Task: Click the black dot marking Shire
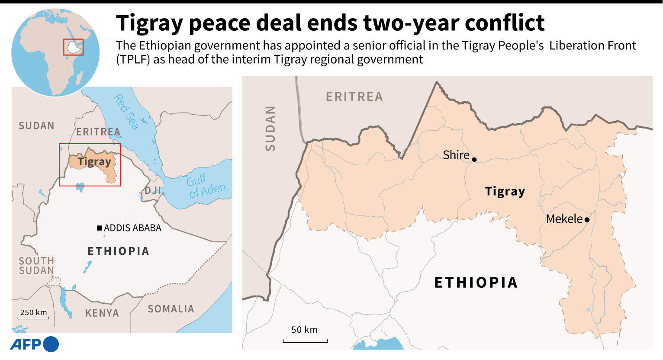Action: (x=474, y=160)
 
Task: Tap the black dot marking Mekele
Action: (x=587, y=220)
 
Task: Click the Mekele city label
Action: (x=564, y=219)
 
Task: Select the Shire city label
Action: (x=456, y=155)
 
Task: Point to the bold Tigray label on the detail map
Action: (x=505, y=191)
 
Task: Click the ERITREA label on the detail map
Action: (x=354, y=97)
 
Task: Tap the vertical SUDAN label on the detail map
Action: (x=270, y=129)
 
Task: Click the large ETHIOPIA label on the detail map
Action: (x=476, y=283)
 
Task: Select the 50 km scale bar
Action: (x=305, y=341)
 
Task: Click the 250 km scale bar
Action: (x=34, y=318)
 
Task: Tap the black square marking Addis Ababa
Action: (x=100, y=228)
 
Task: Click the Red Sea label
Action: (x=126, y=112)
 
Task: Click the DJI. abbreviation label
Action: (x=153, y=190)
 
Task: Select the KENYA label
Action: (x=102, y=313)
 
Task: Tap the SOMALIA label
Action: (x=171, y=309)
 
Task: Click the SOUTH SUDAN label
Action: (x=36, y=266)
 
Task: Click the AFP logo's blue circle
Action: (x=51, y=344)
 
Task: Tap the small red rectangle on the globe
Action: (x=73, y=47)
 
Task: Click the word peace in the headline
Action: (x=219, y=23)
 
